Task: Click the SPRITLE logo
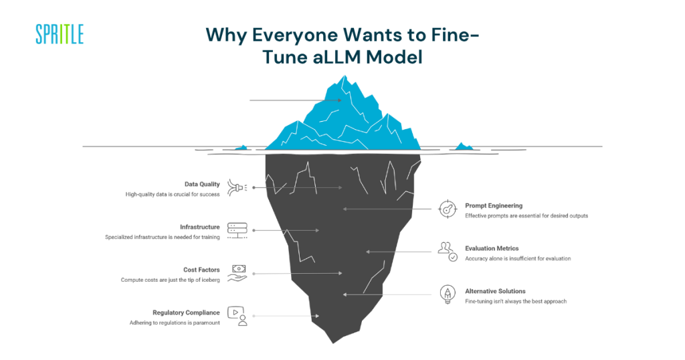click(60, 34)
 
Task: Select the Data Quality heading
click(202, 184)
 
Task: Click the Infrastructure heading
click(199, 227)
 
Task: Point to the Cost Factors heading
click(201, 270)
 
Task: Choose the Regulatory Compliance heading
click(186, 312)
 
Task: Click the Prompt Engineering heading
click(494, 205)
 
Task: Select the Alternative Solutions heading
click(495, 291)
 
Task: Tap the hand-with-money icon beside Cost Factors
click(237, 273)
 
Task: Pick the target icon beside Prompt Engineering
click(448, 209)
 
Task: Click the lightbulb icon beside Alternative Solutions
click(448, 294)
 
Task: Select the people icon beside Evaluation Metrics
click(448, 252)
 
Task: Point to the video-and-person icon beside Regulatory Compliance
click(238, 316)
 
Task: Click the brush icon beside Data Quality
click(237, 187)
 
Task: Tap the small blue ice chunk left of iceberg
click(243, 147)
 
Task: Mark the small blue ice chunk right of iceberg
click(462, 145)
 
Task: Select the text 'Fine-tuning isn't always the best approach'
click(516, 301)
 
